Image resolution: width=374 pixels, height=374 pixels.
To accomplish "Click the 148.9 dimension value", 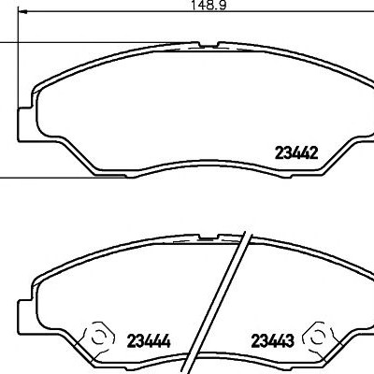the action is [209, 5].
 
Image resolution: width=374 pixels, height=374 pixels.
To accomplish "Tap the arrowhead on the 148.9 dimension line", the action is [23, 12].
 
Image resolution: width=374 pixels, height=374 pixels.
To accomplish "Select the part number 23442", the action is [296, 153].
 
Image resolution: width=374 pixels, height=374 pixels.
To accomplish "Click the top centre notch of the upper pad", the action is [208, 46].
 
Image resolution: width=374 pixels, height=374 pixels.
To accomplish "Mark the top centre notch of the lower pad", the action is [209, 237].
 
